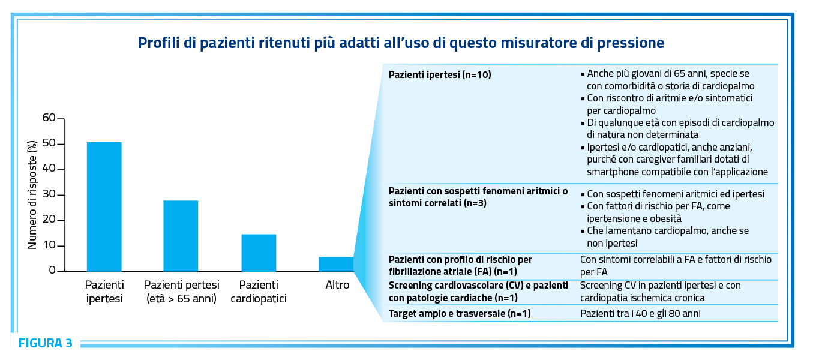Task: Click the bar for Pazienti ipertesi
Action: tap(104, 206)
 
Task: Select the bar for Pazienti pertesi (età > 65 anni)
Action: tap(181, 236)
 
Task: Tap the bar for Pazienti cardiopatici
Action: tap(259, 253)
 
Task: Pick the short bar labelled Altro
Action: tap(336, 264)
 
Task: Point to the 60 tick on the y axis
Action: tap(61, 119)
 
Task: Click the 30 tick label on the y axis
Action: tap(49, 194)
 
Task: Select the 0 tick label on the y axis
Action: tap(52, 270)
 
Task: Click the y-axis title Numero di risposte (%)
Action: tap(32, 195)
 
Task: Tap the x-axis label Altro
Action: tap(337, 285)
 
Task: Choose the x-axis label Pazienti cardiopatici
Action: tap(259, 292)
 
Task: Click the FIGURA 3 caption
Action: tap(46, 343)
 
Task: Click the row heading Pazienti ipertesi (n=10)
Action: tap(440, 75)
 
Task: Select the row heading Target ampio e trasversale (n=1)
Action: tap(460, 314)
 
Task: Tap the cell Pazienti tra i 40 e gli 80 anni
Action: tap(640, 314)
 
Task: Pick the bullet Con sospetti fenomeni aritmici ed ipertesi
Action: tap(676, 194)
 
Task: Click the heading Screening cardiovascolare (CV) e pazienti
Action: tap(478, 286)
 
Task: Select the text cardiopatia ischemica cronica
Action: tap(643, 298)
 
